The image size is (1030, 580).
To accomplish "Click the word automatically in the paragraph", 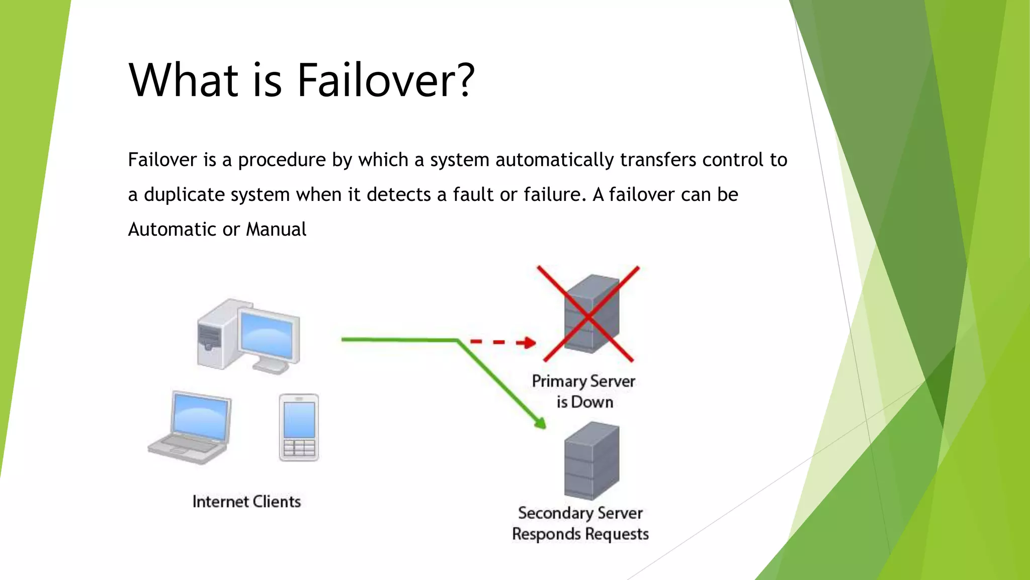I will pyautogui.click(x=555, y=160).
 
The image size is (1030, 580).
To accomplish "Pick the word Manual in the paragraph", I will pyautogui.click(x=276, y=230).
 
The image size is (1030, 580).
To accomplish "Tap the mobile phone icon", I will pyautogui.click(x=299, y=427).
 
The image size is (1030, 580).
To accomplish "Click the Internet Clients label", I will pyautogui.click(x=246, y=501).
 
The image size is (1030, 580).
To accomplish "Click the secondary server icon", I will pyautogui.click(x=591, y=461).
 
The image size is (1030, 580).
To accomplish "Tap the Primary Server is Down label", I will pyautogui.click(x=584, y=391).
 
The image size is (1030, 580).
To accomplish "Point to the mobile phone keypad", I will pyautogui.click(x=299, y=448).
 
